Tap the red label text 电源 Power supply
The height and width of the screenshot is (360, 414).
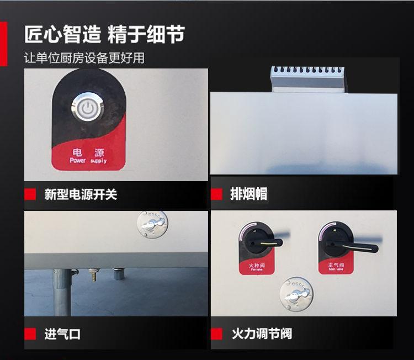88,155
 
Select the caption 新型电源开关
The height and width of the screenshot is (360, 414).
81,194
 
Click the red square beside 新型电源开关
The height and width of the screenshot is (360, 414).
31,194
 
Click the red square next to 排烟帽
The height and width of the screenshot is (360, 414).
216,194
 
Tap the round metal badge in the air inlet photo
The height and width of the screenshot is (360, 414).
151,226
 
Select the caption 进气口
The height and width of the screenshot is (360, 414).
62,334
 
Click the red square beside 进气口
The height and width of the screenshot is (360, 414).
31,334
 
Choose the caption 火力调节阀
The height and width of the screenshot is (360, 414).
261,334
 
